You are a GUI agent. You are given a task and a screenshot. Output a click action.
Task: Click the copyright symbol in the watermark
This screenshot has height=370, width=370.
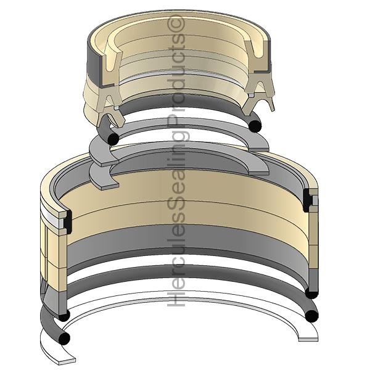click(176, 23)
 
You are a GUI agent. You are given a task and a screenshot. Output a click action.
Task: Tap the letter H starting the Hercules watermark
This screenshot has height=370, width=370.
click(176, 299)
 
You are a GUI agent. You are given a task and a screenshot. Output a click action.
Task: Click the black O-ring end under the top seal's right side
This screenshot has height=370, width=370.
click(255, 126)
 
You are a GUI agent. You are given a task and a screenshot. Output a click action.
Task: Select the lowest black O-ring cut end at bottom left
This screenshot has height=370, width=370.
click(64, 339)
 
